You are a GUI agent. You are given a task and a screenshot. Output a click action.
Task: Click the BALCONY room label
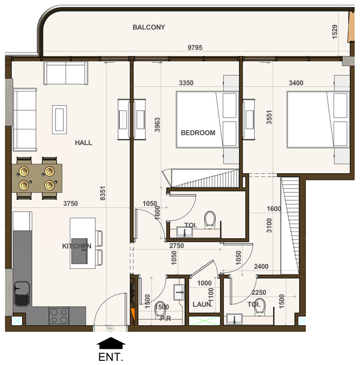[149, 27]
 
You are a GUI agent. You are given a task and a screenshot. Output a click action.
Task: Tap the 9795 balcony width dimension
[195, 48]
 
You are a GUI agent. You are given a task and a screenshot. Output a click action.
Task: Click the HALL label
[83, 142]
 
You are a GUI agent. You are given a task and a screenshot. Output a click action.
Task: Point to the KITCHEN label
[77, 246]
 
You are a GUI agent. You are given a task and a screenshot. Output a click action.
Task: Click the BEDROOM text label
[198, 133]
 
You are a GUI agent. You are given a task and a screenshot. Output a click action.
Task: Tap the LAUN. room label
[202, 305]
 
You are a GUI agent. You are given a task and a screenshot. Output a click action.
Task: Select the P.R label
[166, 318]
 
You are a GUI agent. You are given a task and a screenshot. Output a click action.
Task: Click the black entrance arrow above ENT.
[111, 343]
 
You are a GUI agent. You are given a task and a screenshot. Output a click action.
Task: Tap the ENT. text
[111, 357]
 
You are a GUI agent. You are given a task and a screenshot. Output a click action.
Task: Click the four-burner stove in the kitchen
[59, 316]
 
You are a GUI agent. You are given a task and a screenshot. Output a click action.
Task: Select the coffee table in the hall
[59, 119]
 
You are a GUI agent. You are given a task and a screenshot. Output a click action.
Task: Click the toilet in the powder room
[162, 308]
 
